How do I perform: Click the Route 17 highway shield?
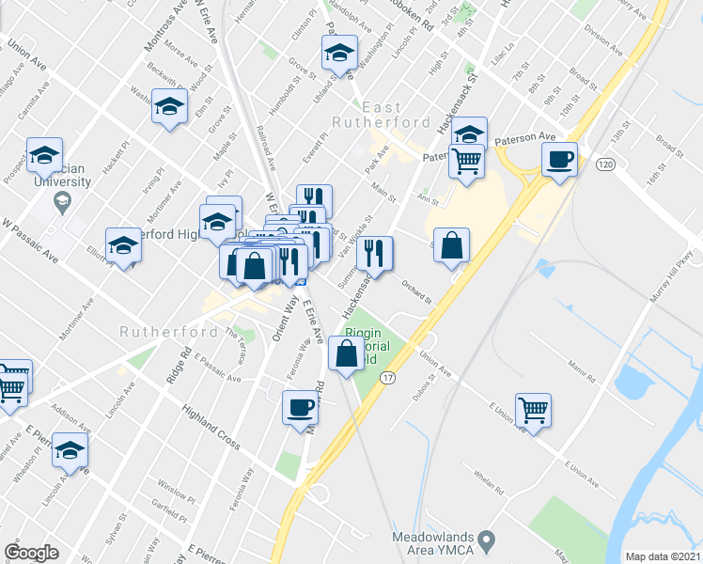(x=386, y=377)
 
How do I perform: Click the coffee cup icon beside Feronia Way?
(x=300, y=407)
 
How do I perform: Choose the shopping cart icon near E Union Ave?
(x=533, y=409)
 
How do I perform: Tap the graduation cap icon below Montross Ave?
(x=169, y=105)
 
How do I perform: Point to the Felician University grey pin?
(x=62, y=200)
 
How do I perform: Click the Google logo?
(x=31, y=552)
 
